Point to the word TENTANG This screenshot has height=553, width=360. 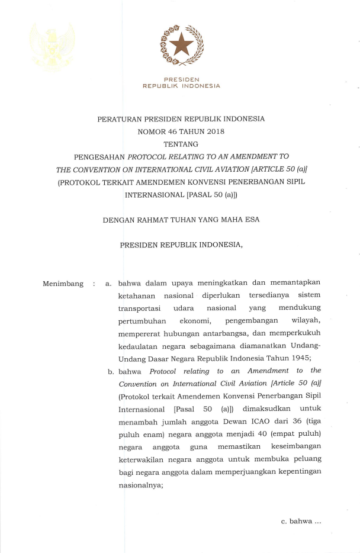pyautogui.click(x=181, y=144)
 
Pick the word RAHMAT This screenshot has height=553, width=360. pyautogui.click(x=156, y=220)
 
